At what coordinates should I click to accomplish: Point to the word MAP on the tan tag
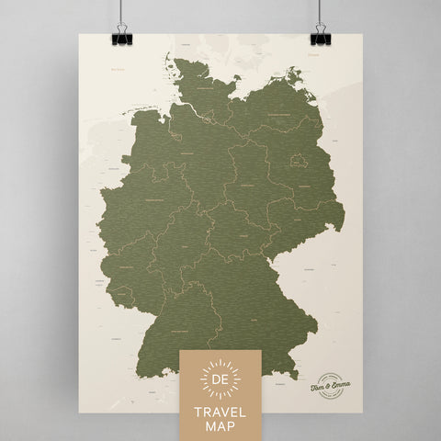pyautogui.click(x=220, y=424)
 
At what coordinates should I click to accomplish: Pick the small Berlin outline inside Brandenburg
pyautogui.click(x=296, y=160)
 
